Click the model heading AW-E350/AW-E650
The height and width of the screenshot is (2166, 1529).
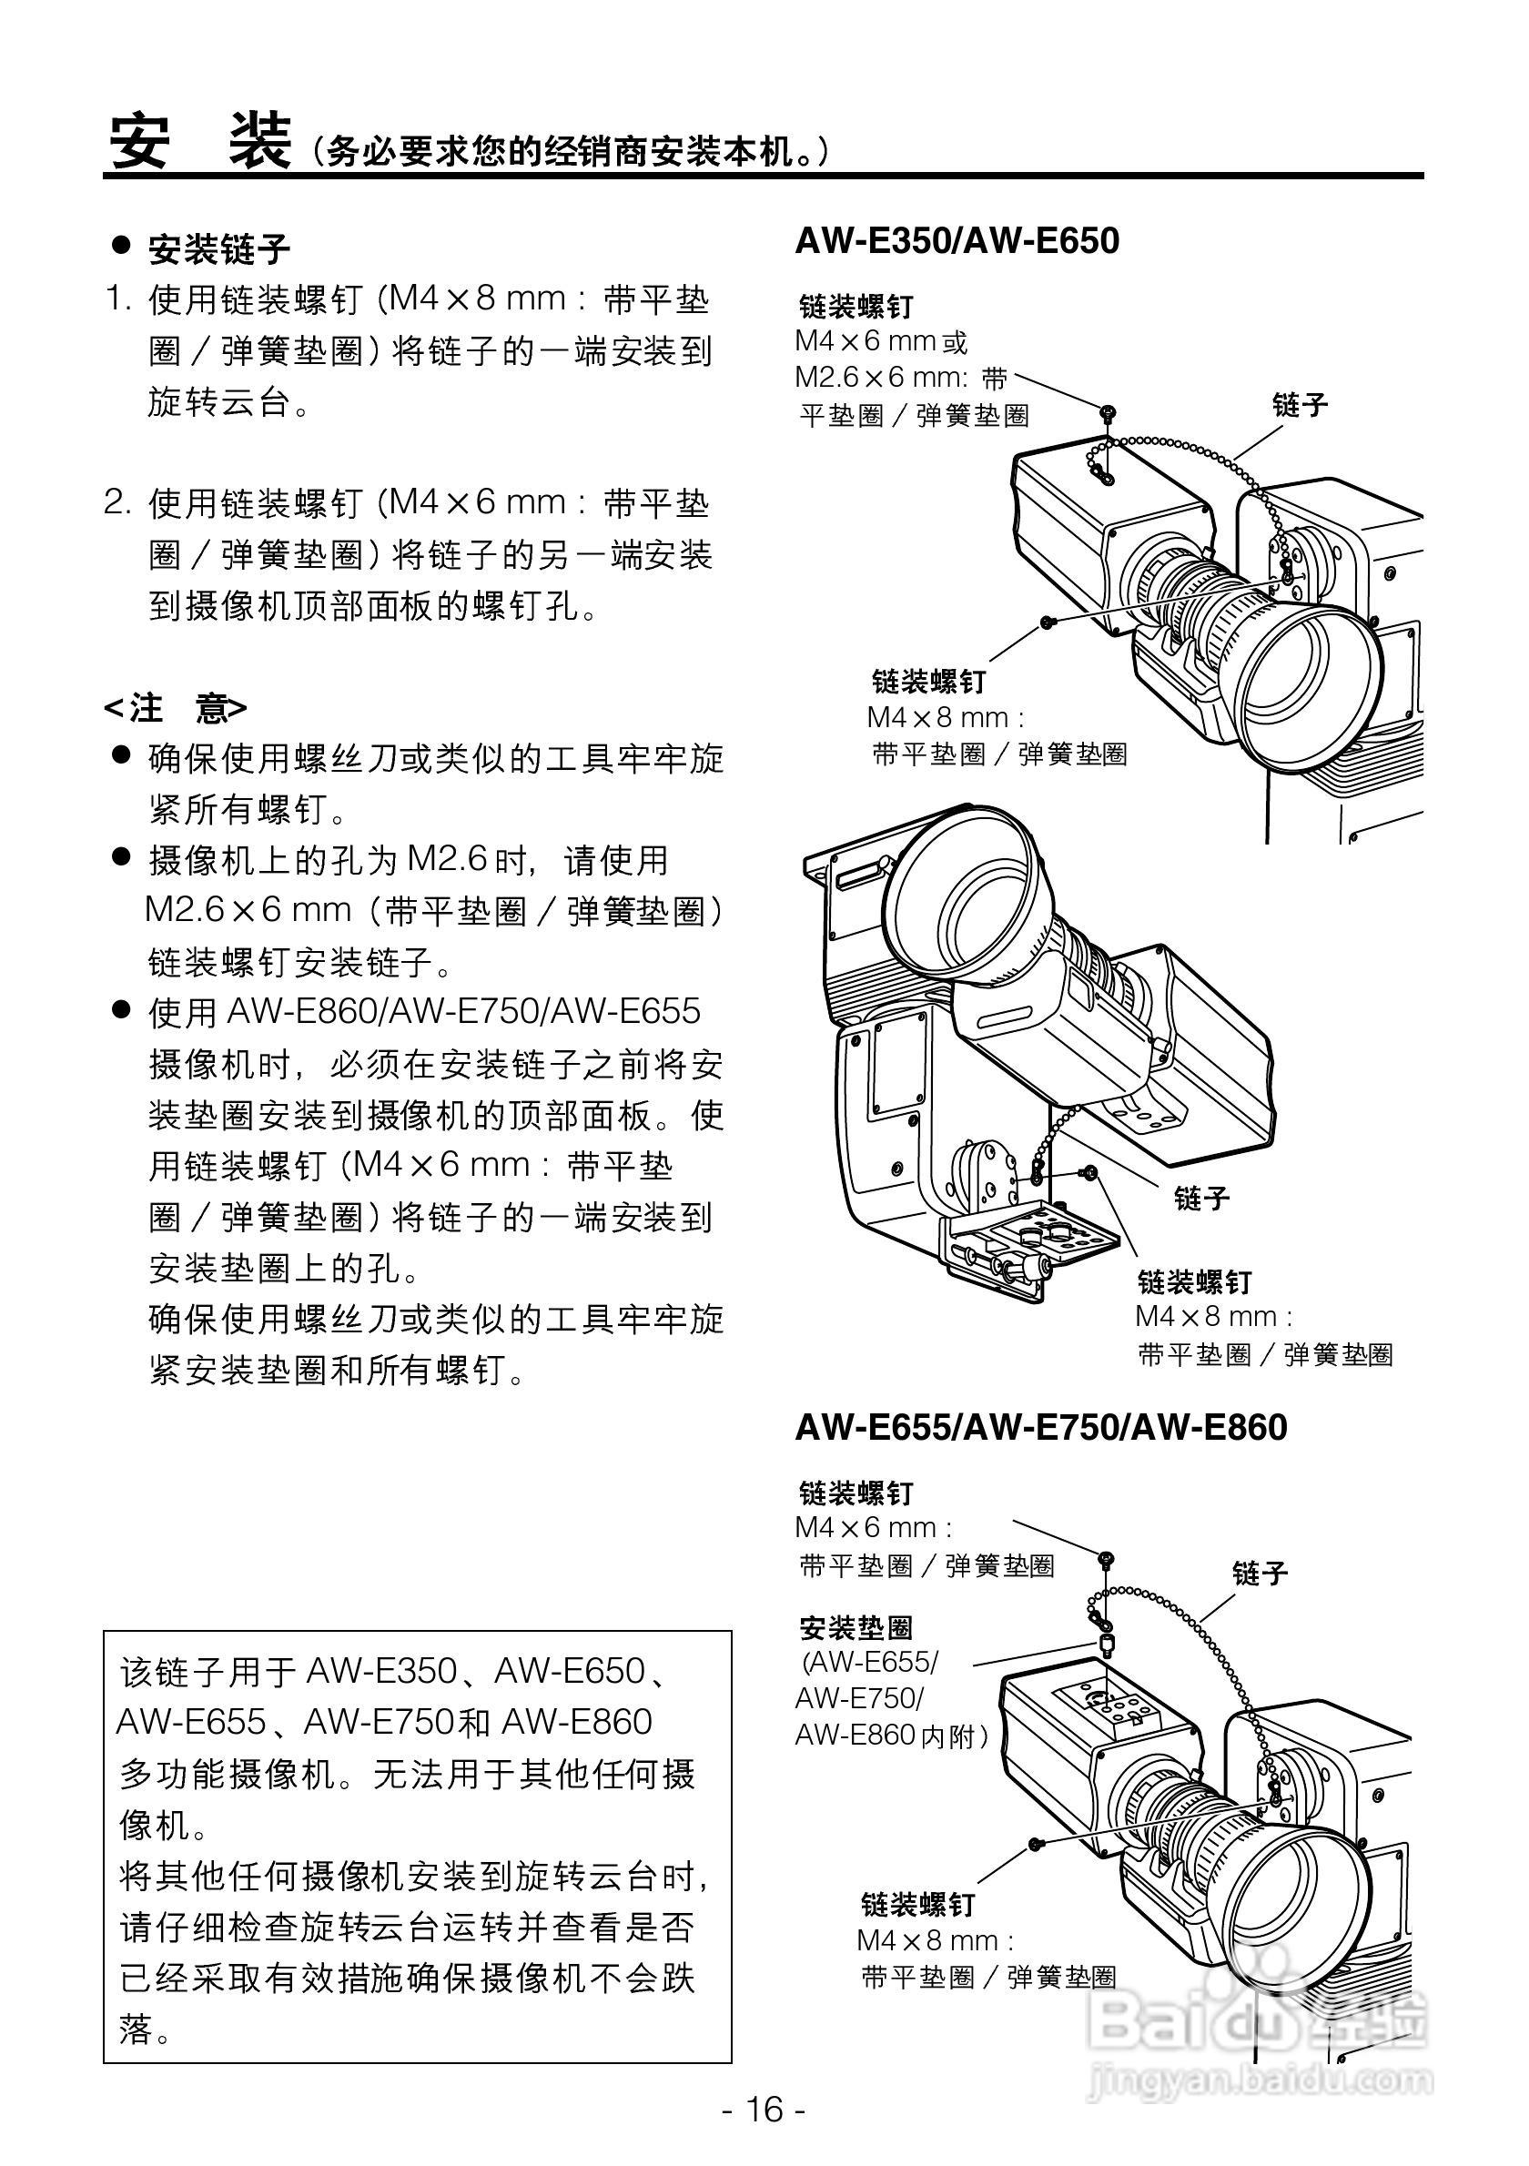click(x=957, y=241)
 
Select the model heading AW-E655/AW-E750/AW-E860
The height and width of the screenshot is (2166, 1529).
click(x=1040, y=1427)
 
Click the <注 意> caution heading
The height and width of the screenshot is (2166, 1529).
click(x=176, y=707)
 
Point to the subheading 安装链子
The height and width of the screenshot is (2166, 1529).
click(x=218, y=250)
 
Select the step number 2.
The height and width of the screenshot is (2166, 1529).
click(x=117, y=504)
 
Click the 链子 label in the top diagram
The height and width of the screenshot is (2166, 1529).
click(x=1300, y=406)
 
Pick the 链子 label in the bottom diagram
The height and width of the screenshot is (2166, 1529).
click(x=1261, y=1574)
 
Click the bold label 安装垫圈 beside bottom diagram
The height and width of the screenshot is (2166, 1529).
click(x=856, y=1628)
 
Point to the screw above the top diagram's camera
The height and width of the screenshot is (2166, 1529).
click(x=1108, y=413)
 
